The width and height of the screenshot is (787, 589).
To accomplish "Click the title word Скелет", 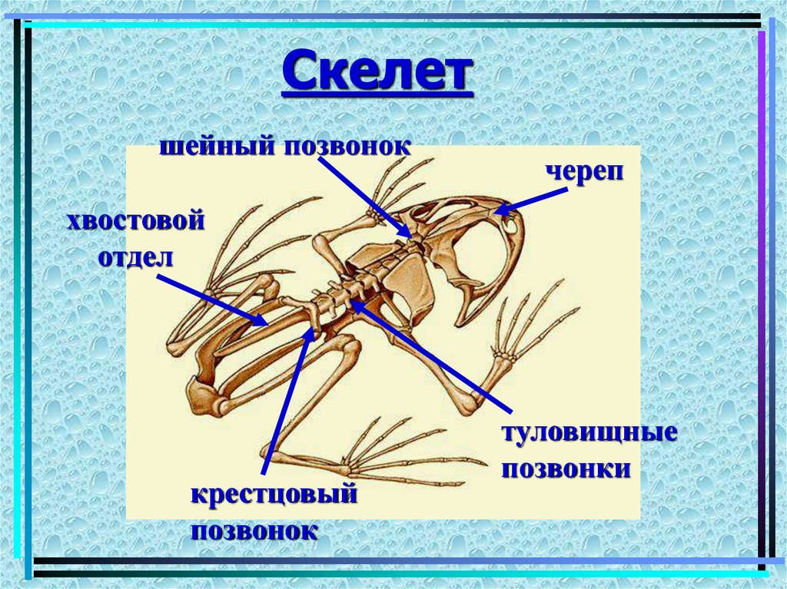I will [377, 72].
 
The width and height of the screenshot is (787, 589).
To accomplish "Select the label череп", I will [583, 171].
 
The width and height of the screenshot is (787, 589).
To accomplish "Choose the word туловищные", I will [589, 432].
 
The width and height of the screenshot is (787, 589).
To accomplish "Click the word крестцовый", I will [274, 495].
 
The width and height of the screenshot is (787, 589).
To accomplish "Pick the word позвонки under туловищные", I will [566, 468].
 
